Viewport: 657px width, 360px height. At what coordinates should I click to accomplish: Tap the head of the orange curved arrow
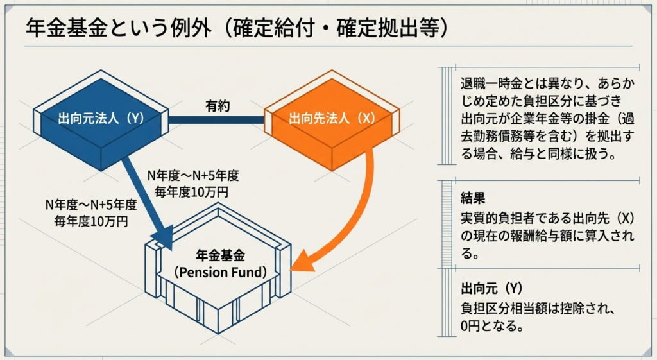click(x=302, y=262)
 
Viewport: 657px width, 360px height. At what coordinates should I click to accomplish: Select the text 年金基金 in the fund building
click(x=220, y=257)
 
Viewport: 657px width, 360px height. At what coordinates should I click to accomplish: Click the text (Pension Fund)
click(x=220, y=272)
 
